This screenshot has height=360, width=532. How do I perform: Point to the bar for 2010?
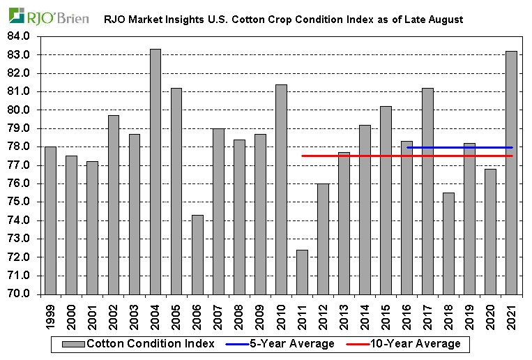282,189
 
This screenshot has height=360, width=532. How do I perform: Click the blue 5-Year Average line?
460,147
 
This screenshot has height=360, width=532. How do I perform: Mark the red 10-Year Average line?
390,156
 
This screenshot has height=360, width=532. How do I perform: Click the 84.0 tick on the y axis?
19,36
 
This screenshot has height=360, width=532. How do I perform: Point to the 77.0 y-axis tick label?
19,165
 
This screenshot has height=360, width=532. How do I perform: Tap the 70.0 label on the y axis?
19,294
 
